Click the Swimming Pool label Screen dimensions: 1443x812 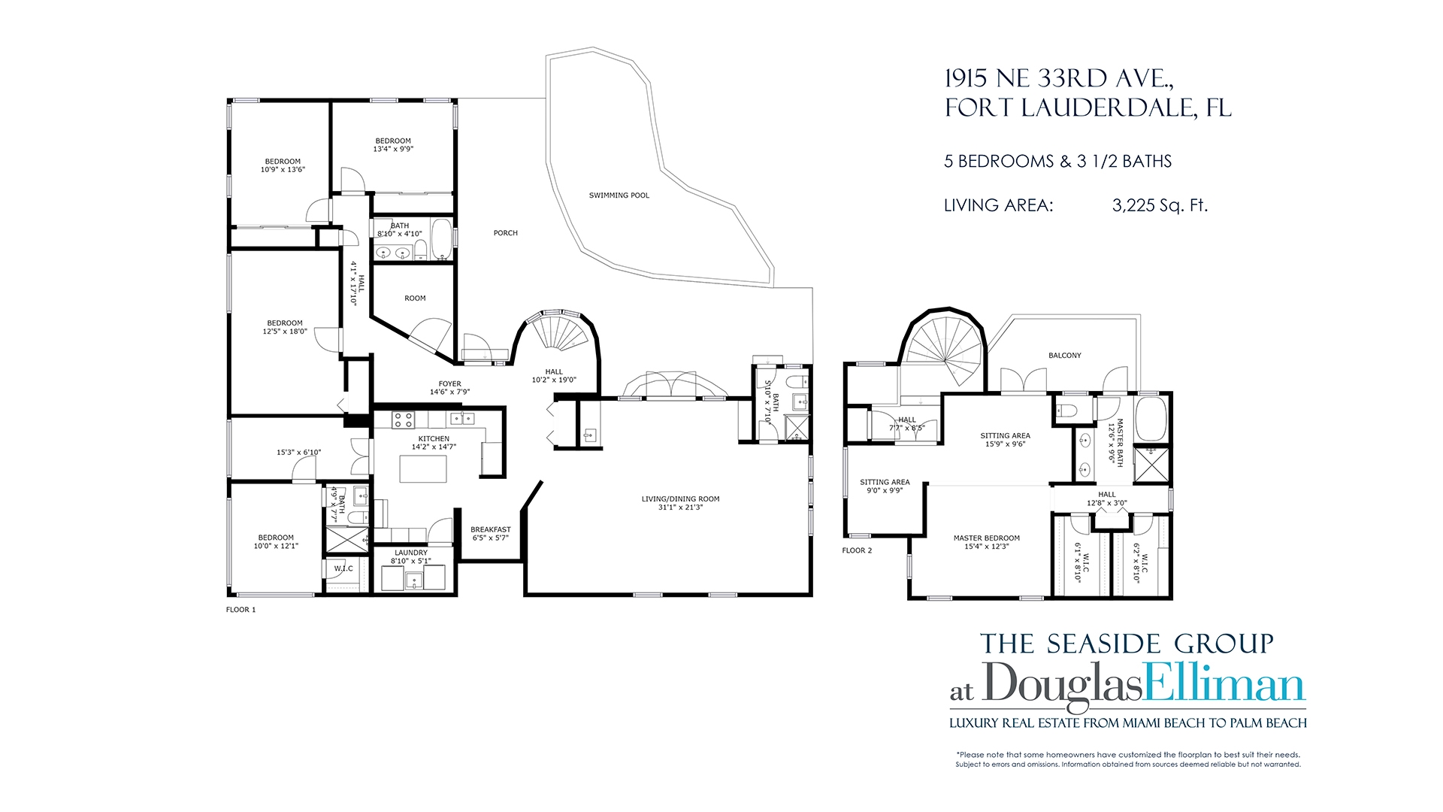(619, 195)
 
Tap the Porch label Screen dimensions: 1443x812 (506, 233)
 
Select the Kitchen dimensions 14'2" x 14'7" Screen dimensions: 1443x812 (434, 447)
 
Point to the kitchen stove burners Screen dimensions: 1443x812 (404, 419)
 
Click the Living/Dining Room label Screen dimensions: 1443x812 (680, 499)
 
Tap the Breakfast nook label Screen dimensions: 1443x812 (491, 530)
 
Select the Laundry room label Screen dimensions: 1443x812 (411, 553)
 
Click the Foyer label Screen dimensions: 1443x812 (450, 384)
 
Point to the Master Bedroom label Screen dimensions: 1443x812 (987, 538)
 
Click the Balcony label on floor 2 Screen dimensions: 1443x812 (1065, 356)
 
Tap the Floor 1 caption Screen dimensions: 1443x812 (241, 610)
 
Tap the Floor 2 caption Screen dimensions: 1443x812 (857, 550)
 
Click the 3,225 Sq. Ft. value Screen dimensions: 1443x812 (1160, 205)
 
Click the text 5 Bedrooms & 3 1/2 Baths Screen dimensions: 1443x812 (1058, 161)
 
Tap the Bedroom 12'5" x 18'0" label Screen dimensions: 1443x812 (285, 327)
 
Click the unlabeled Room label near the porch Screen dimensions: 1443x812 (415, 298)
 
